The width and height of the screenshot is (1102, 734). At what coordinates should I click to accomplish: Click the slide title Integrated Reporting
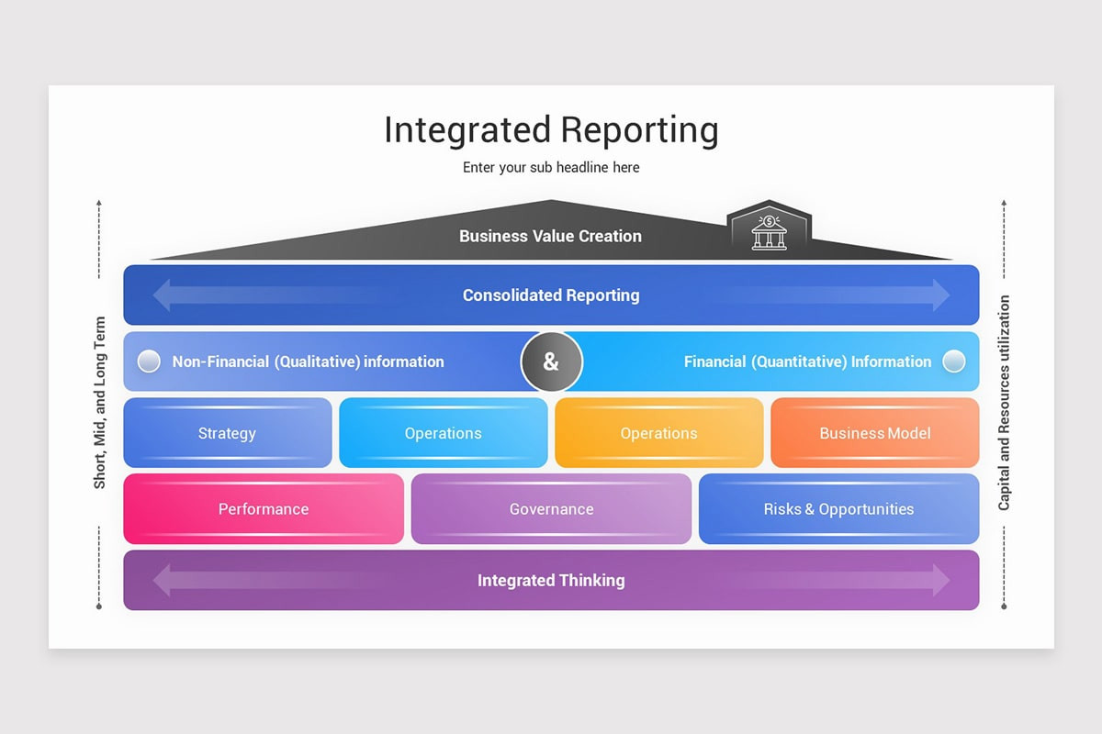(551, 130)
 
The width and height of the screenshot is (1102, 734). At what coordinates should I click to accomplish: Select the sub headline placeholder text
(551, 168)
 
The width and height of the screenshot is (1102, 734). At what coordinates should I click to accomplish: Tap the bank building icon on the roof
(769, 232)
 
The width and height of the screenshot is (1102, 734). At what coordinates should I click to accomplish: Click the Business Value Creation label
(550, 236)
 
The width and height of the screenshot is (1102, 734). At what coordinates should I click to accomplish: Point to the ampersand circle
(551, 361)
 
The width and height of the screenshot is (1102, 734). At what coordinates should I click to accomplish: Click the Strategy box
(227, 433)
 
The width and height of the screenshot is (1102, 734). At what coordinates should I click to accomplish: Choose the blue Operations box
(443, 433)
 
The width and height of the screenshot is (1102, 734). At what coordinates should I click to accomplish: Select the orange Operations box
(658, 433)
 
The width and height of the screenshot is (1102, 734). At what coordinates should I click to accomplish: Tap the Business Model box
(874, 433)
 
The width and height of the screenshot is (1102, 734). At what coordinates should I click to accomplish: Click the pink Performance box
(264, 509)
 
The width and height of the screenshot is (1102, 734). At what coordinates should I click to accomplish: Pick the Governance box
(551, 509)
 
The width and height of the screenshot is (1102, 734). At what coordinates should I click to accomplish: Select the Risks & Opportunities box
(838, 509)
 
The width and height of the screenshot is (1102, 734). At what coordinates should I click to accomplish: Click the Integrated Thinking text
(551, 580)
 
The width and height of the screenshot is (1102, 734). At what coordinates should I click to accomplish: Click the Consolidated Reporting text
(551, 295)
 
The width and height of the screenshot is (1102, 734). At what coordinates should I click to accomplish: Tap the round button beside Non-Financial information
(149, 361)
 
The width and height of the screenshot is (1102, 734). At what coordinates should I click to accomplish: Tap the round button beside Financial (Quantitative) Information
(954, 361)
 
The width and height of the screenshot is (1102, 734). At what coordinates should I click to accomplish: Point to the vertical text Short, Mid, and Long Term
(100, 403)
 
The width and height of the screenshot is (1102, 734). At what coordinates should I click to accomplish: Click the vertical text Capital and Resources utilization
(1004, 403)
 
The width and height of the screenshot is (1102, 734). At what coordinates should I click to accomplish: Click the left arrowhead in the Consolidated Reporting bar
(163, 295)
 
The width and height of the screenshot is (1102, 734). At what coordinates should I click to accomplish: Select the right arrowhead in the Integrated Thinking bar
(940, 580)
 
